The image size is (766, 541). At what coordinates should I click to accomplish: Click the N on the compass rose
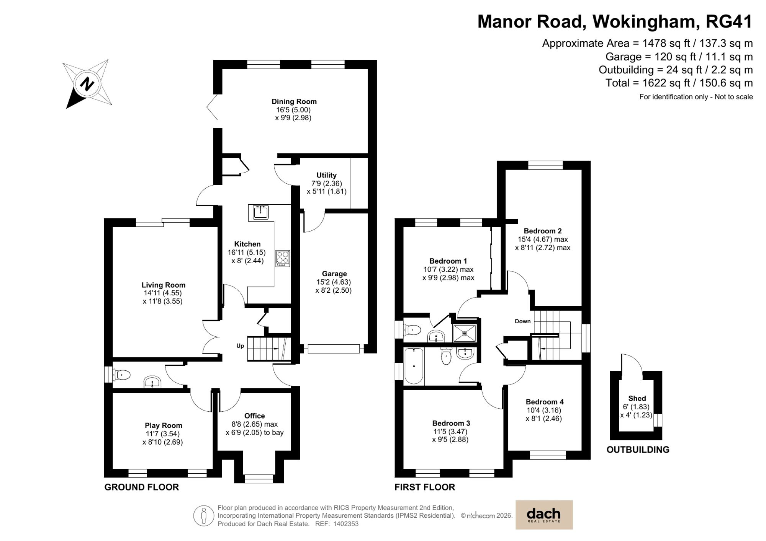87,84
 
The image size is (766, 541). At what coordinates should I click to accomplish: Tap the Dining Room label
294,101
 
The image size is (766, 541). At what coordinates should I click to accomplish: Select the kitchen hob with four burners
283,259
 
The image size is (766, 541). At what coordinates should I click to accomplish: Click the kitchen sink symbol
261,212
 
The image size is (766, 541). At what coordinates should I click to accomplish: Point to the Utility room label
326,175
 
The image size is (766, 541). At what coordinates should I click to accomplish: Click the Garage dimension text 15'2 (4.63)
334,282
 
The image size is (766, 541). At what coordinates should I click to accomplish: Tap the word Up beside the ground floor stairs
240,346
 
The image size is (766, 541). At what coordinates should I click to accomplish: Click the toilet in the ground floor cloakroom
122,375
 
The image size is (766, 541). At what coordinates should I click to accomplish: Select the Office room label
254,416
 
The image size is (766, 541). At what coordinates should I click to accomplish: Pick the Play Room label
163,425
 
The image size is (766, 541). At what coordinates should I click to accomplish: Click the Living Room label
163,285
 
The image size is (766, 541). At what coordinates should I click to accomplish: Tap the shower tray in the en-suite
465,333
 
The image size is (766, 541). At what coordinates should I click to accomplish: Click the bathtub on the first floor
414,366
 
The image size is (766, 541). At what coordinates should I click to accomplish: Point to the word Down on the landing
522,321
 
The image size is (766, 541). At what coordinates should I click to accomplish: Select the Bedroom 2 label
542,231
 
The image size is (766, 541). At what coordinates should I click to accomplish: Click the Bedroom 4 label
544,402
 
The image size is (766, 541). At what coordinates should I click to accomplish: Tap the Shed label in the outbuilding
637,399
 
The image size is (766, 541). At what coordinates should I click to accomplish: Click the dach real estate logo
543,515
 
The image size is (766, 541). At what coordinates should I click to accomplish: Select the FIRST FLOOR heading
425,487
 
